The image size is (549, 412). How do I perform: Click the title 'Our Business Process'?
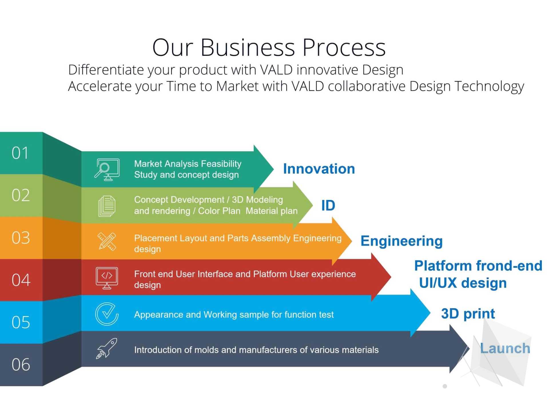tap(269, 47)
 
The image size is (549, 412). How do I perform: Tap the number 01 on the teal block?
tap(20, 153)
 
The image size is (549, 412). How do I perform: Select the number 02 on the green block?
tap(21, 195)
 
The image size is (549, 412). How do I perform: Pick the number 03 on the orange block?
tap(21, 237)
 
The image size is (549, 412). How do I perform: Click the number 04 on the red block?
tap(21, 280)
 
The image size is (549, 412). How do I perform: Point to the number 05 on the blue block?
tap(21, 322)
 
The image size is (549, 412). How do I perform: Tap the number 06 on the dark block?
tap(21, 365)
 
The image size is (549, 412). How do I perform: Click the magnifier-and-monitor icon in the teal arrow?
tap(107, 170)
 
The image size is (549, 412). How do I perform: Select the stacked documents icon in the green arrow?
tap(107, 206)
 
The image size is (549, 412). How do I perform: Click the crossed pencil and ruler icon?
tap(107, 241)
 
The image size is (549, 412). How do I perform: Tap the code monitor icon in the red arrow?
tap(107, 278)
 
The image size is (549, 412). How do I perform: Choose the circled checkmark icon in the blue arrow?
tap(107, 314)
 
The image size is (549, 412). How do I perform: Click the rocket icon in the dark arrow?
tap(107, 348)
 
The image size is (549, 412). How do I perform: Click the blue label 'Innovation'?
tap(319, 169)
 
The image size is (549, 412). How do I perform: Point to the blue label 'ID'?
tap(328, 205)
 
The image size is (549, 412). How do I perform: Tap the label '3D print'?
tap(468, 314)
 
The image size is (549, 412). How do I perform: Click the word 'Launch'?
tap(505, 348)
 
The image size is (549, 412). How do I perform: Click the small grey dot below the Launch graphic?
tap(445, 386)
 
